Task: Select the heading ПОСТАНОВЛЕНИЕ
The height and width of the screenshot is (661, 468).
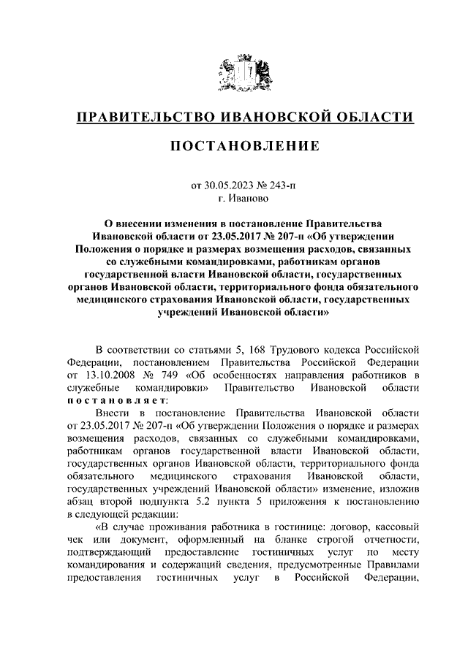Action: (234, 146)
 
